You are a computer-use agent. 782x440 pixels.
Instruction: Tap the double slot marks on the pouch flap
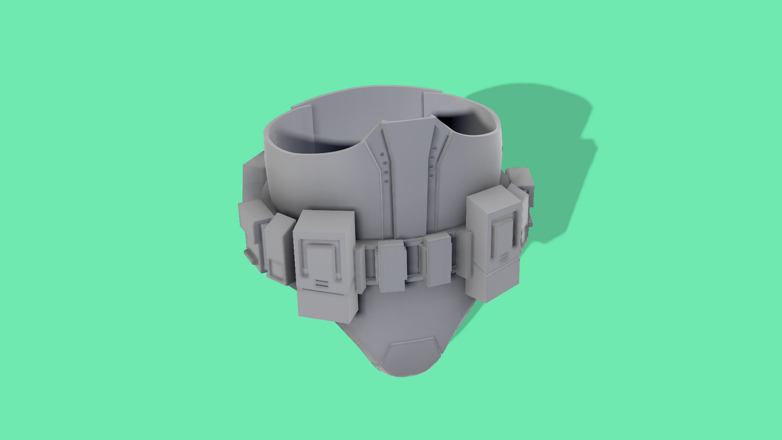pos(321,283)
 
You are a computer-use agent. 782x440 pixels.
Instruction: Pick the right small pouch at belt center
pos(438,260)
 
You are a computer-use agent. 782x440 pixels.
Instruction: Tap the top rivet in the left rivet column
pos(382,155)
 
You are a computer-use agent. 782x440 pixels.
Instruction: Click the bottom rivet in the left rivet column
pos(386,180)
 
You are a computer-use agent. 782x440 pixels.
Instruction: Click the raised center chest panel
pos(409,173)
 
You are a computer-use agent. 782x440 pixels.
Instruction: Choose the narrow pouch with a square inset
pos(279,249)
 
